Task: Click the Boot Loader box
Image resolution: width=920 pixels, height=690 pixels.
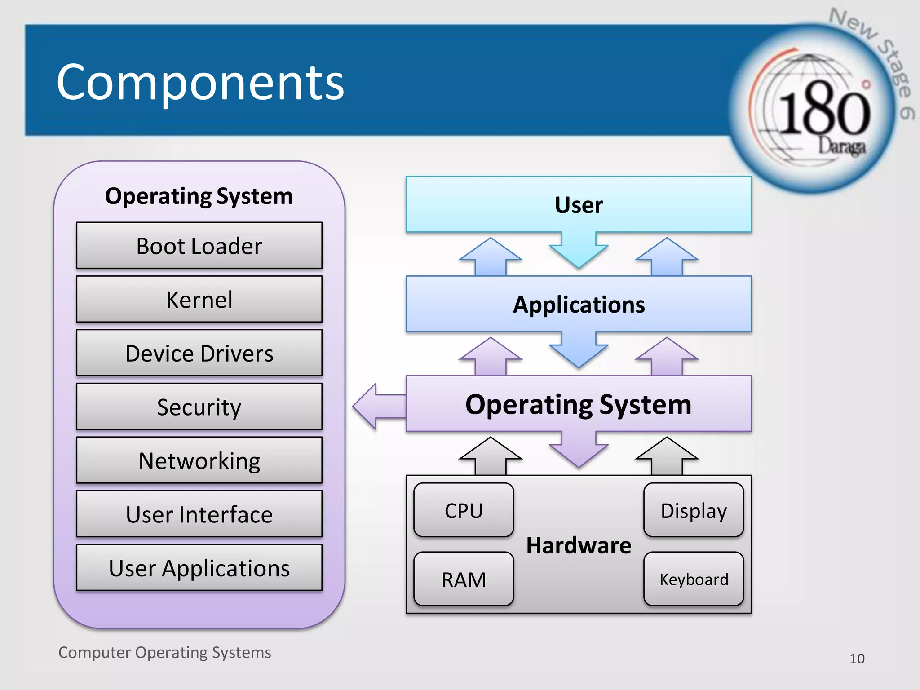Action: coord(199,246)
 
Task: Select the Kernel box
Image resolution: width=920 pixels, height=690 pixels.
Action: coord(199,299)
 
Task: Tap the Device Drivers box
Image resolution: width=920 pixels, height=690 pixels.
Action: coord(199,353)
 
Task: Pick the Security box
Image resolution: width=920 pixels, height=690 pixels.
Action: coord(199,407)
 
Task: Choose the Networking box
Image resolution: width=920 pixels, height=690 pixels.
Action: coord(199,460)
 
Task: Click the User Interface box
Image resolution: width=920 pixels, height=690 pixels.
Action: coord(199,514)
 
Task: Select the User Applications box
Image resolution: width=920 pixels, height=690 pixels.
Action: coord(199,568)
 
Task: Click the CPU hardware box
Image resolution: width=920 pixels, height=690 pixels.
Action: coord(464,510)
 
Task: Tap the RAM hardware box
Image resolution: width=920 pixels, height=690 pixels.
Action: coord(464,579)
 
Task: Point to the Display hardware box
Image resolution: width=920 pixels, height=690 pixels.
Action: coord(694,510)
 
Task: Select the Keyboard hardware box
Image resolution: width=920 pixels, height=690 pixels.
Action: coord(694,579)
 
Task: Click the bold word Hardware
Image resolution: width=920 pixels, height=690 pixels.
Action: coord(579,545)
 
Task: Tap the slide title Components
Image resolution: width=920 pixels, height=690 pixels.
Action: coord(200,82)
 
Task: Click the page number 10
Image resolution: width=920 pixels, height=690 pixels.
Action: coord(857,659)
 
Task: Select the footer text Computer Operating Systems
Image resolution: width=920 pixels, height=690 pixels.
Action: coord(164,652)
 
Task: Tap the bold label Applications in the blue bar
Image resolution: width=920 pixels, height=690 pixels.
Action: coord(579,305)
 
